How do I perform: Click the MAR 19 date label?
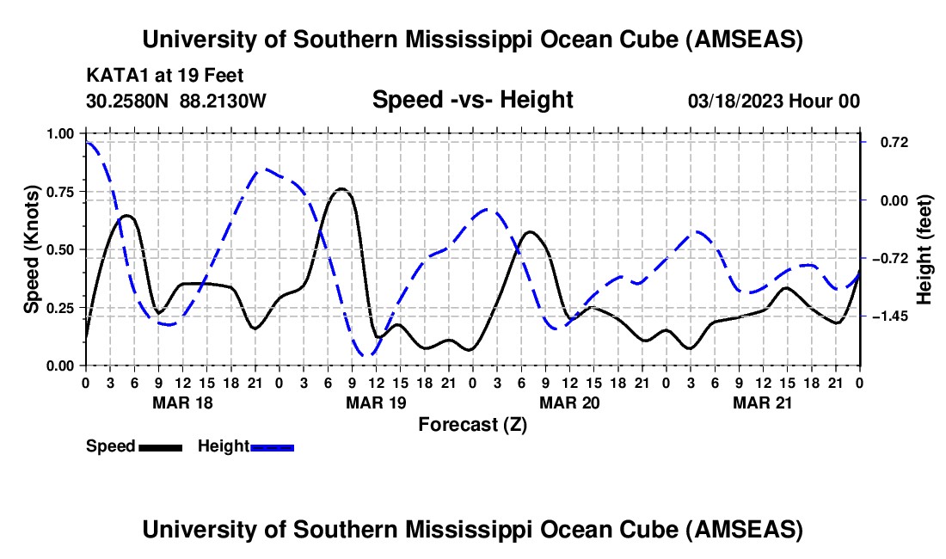pos(376,402)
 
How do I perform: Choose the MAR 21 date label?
pos(763,402)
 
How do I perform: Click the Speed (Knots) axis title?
pos(32,249)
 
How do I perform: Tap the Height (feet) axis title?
pos(924,249)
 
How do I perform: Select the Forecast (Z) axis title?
pos(472,424)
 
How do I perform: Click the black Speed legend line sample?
pos(159,447)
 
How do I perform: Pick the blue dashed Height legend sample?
pos(272,447)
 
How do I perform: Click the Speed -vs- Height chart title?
pos(472,100)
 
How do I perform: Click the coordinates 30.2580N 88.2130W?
pos(176,101)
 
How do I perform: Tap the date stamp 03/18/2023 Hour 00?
pos(773,101)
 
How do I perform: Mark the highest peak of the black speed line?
pos(341,188)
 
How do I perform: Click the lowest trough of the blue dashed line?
pos(368,354)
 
